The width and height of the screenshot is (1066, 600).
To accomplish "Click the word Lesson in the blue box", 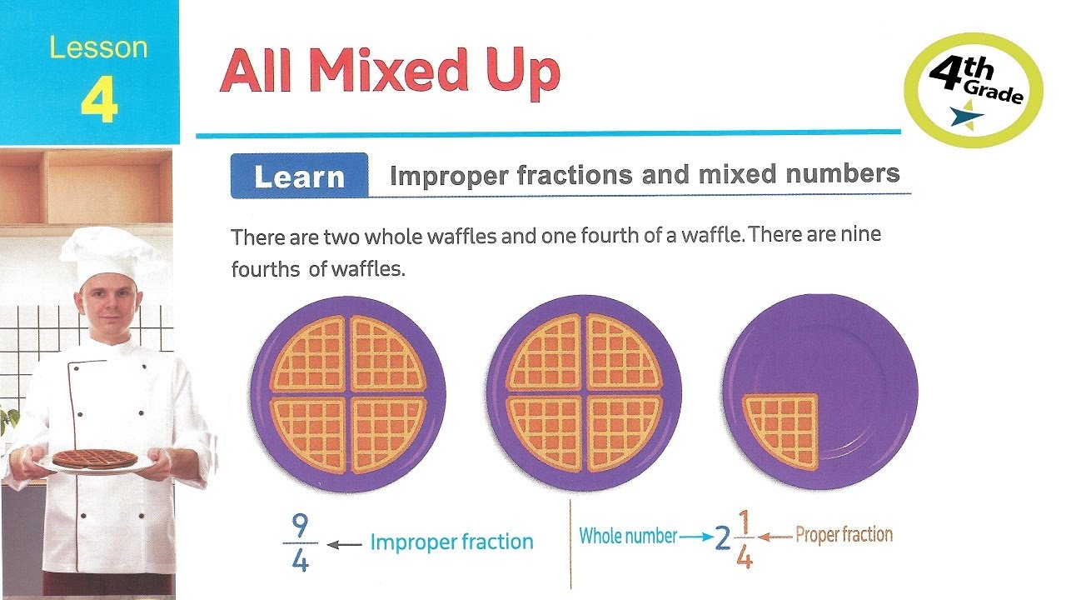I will click(98, 47).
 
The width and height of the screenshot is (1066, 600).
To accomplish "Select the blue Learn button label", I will click(299, 177).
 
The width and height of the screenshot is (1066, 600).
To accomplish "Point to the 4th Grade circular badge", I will click(974, 90).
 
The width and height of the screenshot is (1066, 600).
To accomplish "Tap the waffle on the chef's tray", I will click(95, 458).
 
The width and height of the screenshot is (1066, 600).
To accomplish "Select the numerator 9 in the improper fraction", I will click(301, 526).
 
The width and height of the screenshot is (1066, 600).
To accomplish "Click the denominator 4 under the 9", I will click(301, 561).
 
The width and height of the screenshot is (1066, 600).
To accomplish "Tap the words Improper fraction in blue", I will click(451, 542).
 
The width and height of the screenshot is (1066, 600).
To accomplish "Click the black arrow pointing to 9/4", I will click(343, 543).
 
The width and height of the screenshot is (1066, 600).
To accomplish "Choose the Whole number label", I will click(628, 536).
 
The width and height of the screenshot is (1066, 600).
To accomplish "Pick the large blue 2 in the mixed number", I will click(722, 540).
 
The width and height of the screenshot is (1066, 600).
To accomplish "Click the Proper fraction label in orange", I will click(844, 535).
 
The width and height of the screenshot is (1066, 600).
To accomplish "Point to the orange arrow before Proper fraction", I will click(775, 537).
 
